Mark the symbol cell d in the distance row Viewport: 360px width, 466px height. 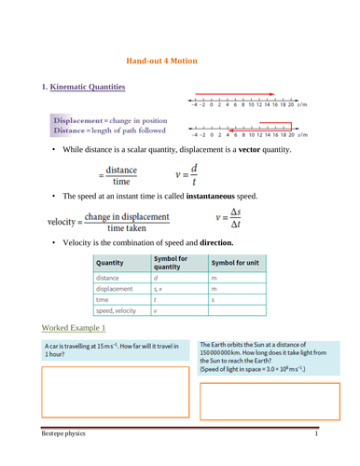coord(156,278)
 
